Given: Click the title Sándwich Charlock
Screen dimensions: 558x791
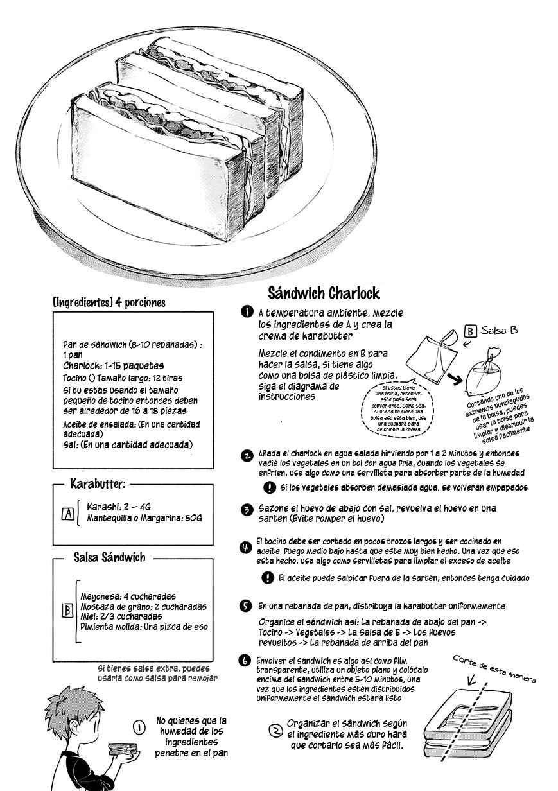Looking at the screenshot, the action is (324, 293).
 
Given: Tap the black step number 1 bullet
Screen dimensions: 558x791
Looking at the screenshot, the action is (247, 312).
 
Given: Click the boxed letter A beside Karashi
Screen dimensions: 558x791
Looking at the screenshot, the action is (68, 514).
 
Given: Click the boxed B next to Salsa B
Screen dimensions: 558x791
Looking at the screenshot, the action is (470, 331).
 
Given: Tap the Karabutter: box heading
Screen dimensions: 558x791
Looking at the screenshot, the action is (98, 483).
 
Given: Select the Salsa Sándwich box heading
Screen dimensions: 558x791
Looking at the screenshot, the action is (109, 557).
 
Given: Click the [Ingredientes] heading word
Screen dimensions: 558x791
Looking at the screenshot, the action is (83, 302).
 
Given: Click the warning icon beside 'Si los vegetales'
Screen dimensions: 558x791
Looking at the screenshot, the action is (269, 487).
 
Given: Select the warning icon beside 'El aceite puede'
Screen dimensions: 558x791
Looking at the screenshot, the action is (268, 578).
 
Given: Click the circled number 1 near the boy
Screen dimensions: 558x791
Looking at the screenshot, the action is (139, 727).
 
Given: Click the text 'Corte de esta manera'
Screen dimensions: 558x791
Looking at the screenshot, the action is (494, 669).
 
